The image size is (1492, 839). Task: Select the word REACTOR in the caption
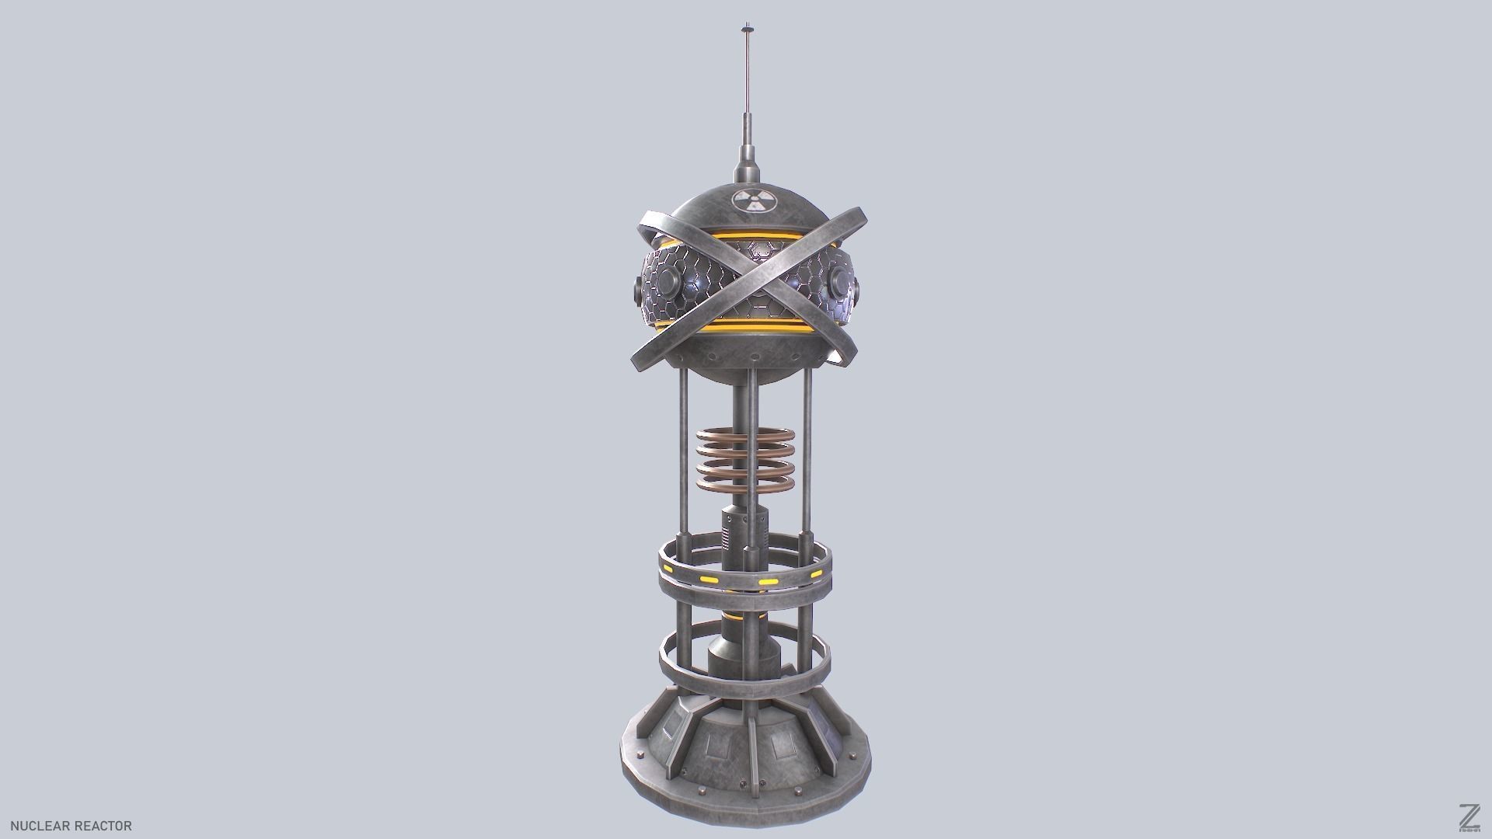pos(103,826)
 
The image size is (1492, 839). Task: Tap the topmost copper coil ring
pos(745,436)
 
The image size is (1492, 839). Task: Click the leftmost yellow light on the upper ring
pos(708,579)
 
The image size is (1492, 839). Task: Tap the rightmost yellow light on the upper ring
pos(816,574)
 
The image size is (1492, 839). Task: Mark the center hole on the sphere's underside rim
pos(754,357)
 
